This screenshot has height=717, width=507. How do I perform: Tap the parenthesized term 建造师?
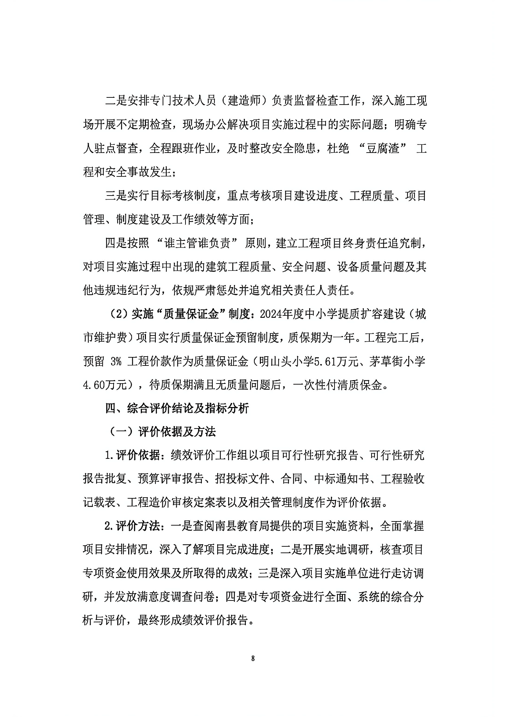point(244,101)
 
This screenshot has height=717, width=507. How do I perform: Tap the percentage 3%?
point(116,362)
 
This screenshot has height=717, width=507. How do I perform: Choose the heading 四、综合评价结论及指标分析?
point(177,408)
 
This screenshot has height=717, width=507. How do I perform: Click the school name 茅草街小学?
point(398,362)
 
